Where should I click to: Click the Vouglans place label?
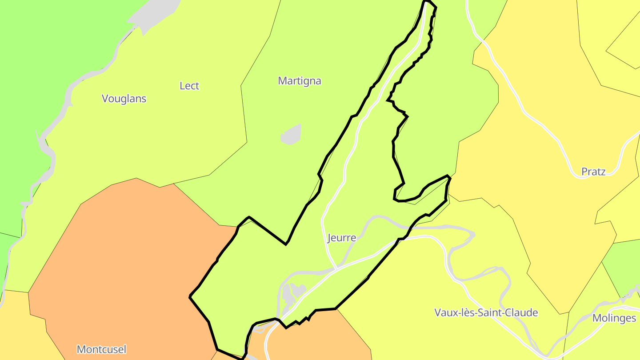click(x=124, y=99)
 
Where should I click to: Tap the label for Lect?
click(x=189, y=86)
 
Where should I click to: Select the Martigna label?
click(x=300, y=81)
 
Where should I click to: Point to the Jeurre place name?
click(x=342, y=238)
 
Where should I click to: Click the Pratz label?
click(x=593, y=172)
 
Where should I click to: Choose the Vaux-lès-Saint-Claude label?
click(x=486, y=312)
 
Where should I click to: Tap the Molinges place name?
click(x=614, y=318)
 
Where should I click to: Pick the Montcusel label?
click(x=101, y=349)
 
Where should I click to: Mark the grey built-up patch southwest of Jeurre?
click(x=291, y=293)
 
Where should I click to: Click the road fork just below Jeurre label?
click(x=336, y=268)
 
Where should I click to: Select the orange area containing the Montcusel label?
click(x=124, y=267)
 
